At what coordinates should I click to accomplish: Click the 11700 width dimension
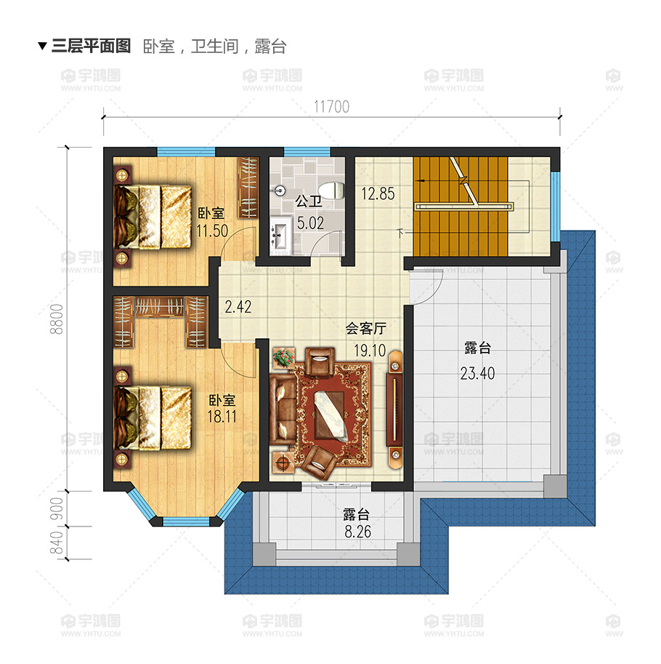point(331,107)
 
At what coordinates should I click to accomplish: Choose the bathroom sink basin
point(280,234)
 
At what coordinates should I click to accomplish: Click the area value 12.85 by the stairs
point(378,194)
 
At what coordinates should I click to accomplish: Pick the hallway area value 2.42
point(238,307)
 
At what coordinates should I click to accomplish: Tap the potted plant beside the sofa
point(283,358)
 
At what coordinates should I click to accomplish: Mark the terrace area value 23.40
point(477,375)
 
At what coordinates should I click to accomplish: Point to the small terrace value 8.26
point(357,532)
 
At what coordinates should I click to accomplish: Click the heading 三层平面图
point(91,47)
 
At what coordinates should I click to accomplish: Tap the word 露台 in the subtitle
point(271,47)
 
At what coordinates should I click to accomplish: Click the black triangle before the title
point(42,47)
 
